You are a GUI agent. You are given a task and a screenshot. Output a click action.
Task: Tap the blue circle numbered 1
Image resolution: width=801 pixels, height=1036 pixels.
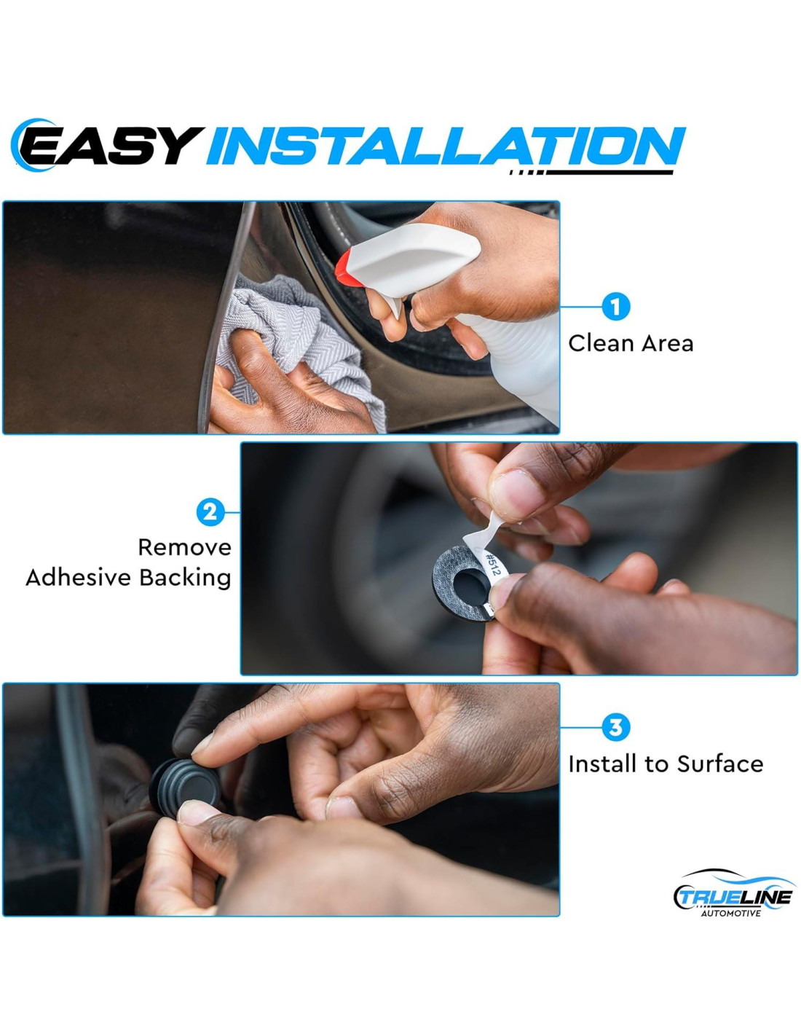point(615,307)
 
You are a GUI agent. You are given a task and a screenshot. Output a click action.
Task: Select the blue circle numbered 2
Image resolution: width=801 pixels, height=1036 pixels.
point(210,512)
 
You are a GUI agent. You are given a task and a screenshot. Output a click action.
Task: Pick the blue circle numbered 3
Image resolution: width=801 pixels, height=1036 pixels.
point(615,728)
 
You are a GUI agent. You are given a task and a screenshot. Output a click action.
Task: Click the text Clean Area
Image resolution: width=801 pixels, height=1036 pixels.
point(631,344)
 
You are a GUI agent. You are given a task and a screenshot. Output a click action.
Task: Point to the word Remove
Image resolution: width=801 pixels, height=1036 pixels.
point(184,547)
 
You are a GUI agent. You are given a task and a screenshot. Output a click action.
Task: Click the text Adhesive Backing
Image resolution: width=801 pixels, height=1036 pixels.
point(129,578)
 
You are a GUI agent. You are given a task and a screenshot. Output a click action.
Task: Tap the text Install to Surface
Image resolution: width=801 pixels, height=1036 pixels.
point(666,764)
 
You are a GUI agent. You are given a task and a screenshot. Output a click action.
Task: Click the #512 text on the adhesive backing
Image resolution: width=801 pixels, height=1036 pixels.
point(492,562)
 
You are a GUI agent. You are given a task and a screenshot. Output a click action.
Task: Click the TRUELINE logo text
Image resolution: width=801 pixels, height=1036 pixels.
point(735,898)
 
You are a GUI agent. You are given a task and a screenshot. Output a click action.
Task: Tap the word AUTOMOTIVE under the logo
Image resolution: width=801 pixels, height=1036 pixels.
point(730,914)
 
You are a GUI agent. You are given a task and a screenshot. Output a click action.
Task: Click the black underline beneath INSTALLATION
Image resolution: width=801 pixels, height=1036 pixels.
point(591,172)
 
